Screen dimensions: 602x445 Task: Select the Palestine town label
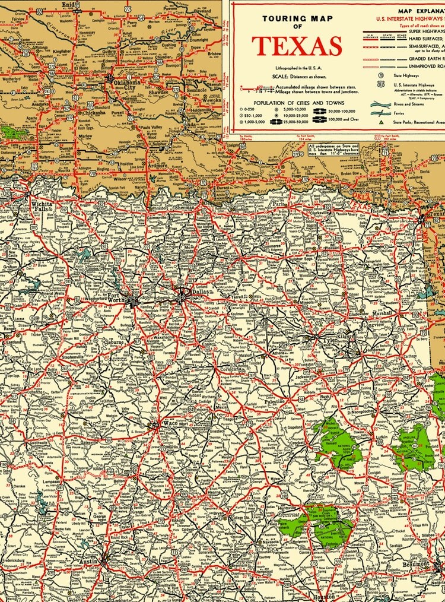[274, 402]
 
